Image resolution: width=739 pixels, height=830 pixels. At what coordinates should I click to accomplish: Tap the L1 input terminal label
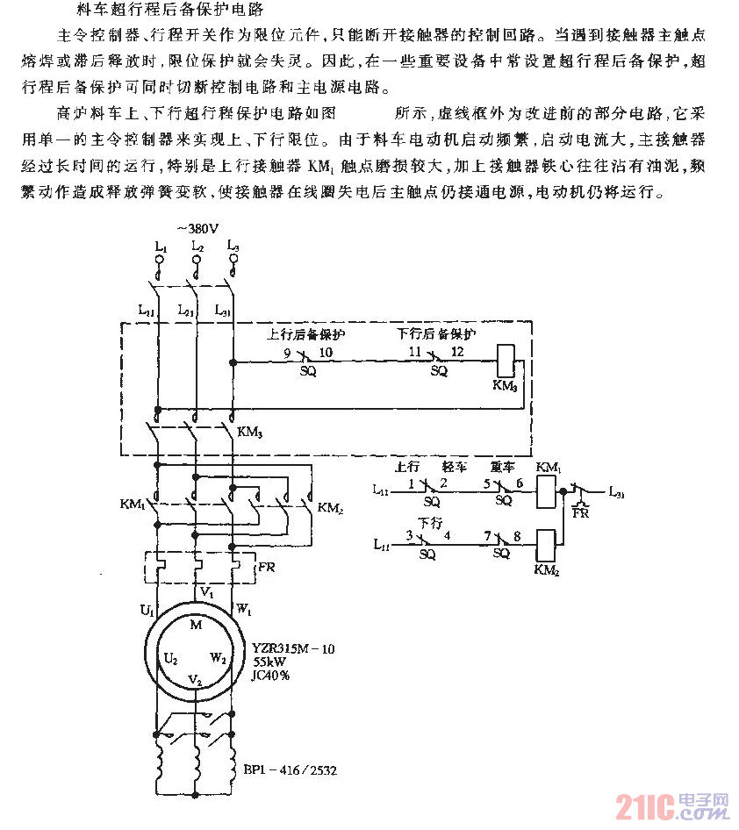[159, 248]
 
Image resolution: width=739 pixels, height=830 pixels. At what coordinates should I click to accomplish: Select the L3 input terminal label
[233, 247]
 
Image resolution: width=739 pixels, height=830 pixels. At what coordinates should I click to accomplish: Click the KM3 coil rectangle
[506, 360]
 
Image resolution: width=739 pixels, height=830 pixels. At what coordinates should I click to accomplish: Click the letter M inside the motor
[196, 624]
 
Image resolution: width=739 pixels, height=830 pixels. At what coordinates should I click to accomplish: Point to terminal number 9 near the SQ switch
[286, 352]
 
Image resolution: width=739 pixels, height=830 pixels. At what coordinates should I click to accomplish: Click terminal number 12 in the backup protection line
[457, 352]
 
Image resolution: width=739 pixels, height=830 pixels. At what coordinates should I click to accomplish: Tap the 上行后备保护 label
[305, 335]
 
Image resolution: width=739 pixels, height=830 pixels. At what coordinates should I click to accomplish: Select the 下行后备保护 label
[436, 334]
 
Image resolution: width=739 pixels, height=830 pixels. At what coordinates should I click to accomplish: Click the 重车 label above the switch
[503, 468]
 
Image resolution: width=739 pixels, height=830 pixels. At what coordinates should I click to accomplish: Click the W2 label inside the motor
[219, 657]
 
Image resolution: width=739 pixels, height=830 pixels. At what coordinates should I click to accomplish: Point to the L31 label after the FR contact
[619, 493]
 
